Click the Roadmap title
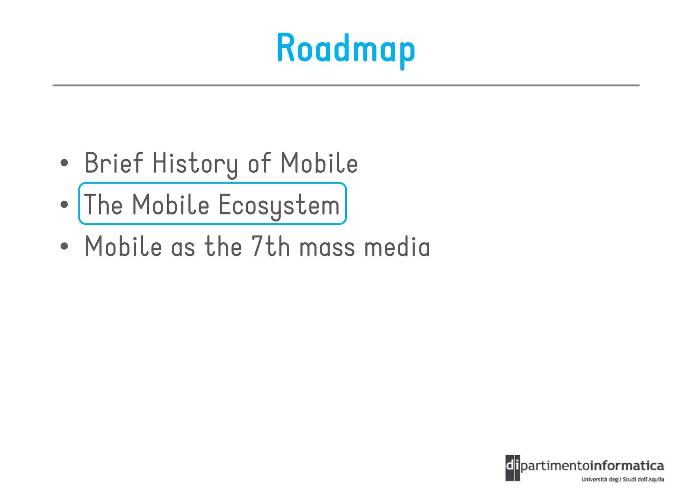[346, 48]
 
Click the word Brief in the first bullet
[114, 163]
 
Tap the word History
[195, 164]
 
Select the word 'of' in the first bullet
[259, 163]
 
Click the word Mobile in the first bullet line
[319, 163]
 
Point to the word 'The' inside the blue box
[103, 204]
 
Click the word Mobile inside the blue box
[170, 204]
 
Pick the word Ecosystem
[279, 205]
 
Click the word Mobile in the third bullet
[123, 246]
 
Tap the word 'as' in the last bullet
[183, 248]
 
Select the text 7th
[270, 246]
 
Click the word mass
[327, 248]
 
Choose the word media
[397, 246]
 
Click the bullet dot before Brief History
[64, 163]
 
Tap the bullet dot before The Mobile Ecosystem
[64, 204]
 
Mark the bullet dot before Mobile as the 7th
[64, 246]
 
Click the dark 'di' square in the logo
[513, 467]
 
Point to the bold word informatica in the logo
[627, 466]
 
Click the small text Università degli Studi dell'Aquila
[622, 479]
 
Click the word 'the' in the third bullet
[223, 246]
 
